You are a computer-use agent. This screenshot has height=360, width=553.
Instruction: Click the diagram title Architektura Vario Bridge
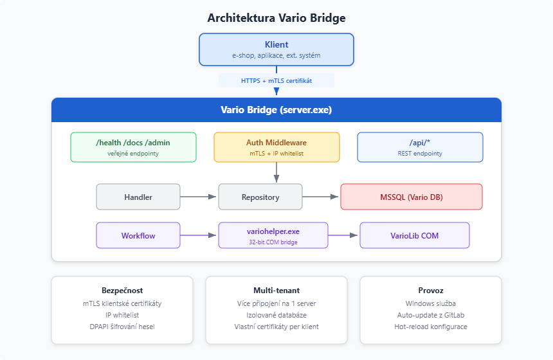point(276,17)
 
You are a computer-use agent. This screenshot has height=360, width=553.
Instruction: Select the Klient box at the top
point(276,50)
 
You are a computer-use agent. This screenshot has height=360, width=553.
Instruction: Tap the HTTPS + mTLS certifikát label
point(276,80)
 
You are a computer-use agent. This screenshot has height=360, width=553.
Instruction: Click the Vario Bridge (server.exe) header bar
point(276,109)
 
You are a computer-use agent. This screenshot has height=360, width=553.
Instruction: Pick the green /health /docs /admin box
point(133,147)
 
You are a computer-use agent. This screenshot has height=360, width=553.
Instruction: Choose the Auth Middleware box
point(276,147)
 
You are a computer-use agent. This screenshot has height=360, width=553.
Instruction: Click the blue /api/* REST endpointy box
point(419,147)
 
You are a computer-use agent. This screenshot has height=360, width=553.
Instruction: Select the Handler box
point(138,197)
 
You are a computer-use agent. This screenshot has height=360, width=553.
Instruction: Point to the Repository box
point(260,197)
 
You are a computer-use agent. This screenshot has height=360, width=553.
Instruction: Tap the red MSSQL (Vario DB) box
point(411,197)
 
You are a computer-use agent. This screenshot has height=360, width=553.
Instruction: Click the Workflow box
point(138,235)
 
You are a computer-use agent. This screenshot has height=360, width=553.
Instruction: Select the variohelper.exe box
point(273,235)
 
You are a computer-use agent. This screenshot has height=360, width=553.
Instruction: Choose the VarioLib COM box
point(414,235)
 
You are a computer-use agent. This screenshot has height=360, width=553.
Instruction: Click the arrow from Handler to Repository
point(199,197)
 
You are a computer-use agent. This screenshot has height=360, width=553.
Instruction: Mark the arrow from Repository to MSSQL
point(321,197)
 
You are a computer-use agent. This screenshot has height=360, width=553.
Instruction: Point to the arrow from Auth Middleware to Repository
point(276,172)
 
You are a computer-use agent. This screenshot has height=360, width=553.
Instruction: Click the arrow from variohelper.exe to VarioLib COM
point(343,235)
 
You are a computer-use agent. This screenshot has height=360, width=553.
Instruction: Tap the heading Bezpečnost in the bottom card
point(122,290)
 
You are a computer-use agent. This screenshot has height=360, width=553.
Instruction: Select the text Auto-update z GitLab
point(430,315)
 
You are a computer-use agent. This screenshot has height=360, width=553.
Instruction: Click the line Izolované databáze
point(276,315)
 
